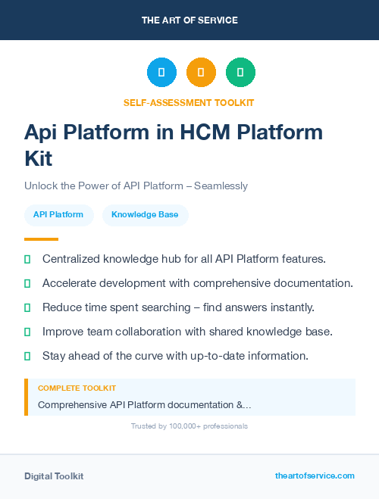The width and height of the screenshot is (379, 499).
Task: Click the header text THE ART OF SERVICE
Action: [x=189, y=20]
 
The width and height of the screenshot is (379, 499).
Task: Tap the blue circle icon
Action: [x=161, y=72]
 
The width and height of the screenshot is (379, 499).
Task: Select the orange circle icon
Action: [x=201, y=72]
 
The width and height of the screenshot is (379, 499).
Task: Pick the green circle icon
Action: [x=240, y=72]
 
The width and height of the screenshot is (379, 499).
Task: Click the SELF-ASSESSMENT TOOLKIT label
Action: [x=189, y=102]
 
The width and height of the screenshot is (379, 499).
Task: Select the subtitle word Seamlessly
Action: [x=221, y=186]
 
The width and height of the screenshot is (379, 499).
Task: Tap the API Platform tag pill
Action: [x=58, y=215]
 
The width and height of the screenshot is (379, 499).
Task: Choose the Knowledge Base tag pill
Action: [x=145, y=215]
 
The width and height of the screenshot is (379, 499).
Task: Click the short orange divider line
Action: [x=41, y=239]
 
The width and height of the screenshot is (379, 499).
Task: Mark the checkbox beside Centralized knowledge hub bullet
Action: [x=27, y=259]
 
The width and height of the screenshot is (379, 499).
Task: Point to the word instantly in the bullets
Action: [x=287, y=307]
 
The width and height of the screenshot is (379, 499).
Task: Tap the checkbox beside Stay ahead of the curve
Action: [x=27, y=356]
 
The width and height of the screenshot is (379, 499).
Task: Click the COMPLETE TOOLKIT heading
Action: [x=77, y=388]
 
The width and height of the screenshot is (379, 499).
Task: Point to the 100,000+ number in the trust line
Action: [x=178, y=426]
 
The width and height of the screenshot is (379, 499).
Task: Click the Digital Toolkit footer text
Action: [x=54, y=476]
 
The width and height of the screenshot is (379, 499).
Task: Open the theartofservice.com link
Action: [x=315, y=476]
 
